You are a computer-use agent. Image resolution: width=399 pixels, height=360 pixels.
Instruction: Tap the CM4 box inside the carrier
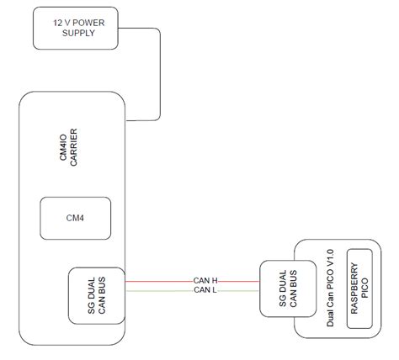click(x=74, y=218)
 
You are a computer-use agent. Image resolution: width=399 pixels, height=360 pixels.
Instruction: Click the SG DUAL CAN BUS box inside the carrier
click(x=96, y=294)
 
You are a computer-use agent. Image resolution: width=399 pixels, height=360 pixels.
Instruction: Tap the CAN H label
click(x=205, y=279)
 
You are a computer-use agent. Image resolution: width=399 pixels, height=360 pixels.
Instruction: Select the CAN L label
click(x=205, y=290)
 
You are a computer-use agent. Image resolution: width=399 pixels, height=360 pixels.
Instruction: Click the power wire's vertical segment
click(x=159, y=76)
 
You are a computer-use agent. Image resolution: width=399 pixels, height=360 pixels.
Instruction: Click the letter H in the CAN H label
click(x=215, y=279)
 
